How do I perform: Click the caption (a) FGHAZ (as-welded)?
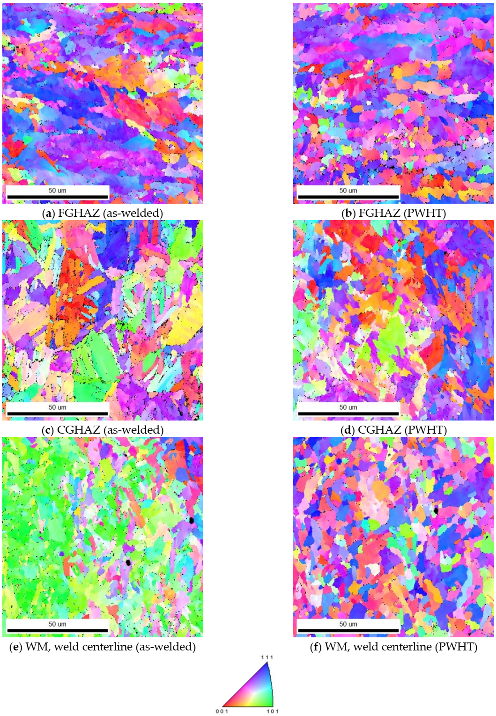[103, 213]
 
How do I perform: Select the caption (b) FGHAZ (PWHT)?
[393, 213]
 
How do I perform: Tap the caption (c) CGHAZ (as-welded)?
[103, 430]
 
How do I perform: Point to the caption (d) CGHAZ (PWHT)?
[393, 430]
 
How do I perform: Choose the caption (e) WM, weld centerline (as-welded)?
[103, 647]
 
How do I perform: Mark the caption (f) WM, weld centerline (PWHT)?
[393, 647]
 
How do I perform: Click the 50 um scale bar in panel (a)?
[58, 197]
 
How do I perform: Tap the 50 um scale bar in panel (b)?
[348, 197]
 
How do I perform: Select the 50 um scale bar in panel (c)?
[58, 413]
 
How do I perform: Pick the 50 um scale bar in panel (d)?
[348, 413]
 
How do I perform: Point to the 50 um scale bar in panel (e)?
[58, 630]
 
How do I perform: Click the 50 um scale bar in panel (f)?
[348, 630]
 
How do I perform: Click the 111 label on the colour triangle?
[267, 657]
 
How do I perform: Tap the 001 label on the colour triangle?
[222, 711]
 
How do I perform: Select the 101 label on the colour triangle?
[273, 711]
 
